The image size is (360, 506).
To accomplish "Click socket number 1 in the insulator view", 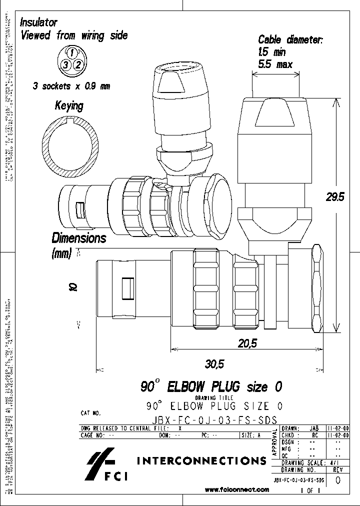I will (x=71, y=52).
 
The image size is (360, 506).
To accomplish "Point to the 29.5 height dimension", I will (x=335, y=197).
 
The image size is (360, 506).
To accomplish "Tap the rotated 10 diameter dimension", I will (x=73, y=286).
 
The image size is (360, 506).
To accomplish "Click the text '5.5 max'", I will (x=275, y=63).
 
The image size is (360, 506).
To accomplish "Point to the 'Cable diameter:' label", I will (x=290, y=39).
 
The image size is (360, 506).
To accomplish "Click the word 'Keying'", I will (x=69, y=106).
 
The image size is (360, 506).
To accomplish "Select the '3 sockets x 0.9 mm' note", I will (x=71, y=85).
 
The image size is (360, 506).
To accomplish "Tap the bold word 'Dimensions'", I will (x=79, y=238).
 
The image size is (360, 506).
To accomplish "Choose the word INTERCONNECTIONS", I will (x=201, y=460).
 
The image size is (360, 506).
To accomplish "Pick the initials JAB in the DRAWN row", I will (x=314, y=428).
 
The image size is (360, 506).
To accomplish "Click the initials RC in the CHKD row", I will (x=314, y=435).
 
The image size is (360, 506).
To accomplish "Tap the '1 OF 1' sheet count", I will (x=310, y=491).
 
